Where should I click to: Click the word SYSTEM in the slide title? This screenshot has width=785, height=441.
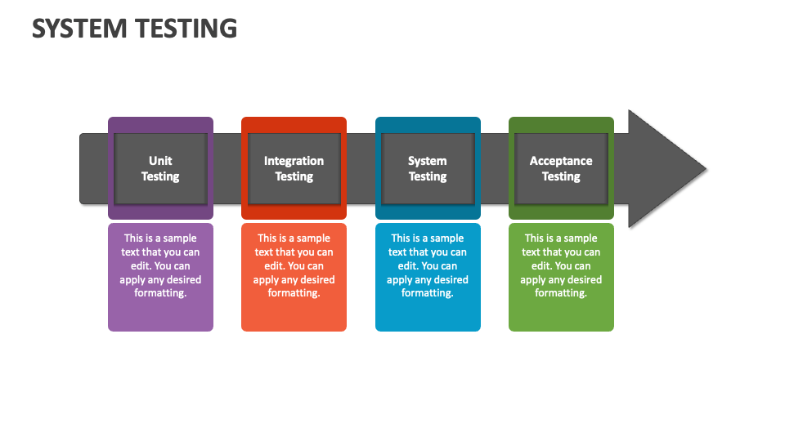(79, 29)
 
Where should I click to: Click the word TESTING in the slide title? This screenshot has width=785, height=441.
(186, 29)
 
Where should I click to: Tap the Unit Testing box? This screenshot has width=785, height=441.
(161, 168)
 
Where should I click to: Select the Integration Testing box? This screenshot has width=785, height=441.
(294, 168)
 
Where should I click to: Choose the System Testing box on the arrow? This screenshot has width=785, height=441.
(428, 168)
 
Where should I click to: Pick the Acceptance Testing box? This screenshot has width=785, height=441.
(561, 168)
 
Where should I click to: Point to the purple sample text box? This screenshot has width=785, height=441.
(161, 277)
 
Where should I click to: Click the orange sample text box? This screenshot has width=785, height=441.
(294, 277)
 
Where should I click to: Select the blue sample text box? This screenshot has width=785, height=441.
(428, 277)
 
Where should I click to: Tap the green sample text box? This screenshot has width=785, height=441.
(561, 277)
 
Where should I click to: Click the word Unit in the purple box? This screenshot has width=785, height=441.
(160, 161)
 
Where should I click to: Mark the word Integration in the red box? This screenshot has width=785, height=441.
(294, 161)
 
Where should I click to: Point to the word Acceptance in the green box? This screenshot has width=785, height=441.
(561, 161)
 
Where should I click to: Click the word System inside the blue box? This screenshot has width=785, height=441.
(427, 161)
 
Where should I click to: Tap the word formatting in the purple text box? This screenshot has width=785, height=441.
(160, 293)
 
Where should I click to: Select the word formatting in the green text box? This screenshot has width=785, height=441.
(561, 293)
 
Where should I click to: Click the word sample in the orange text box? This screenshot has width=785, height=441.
(313, 238)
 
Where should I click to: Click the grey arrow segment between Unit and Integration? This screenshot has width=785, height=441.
(227, 168)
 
